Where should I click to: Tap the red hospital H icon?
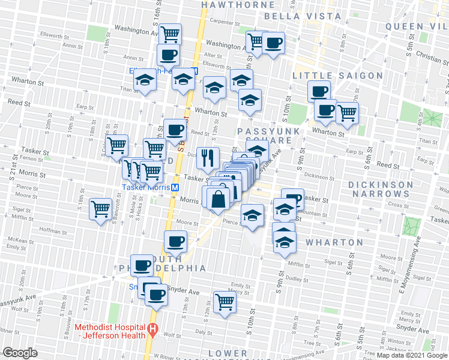click(x=153, y=329)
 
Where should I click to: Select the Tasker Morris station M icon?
click(x=175, y=187)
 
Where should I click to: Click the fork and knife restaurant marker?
click(x=208, y=158)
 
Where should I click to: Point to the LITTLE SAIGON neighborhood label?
click(x=337, y=76)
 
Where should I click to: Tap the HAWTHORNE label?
click(x=230, y=4)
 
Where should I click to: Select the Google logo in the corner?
click(x=20, y=353)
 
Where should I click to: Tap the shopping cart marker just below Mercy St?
click(x=224, y=301)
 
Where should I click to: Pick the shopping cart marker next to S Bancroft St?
click(x=100, y=209)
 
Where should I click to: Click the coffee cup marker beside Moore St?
click(x=175, y=241)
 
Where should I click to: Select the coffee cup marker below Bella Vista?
click(x=273, y=43)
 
